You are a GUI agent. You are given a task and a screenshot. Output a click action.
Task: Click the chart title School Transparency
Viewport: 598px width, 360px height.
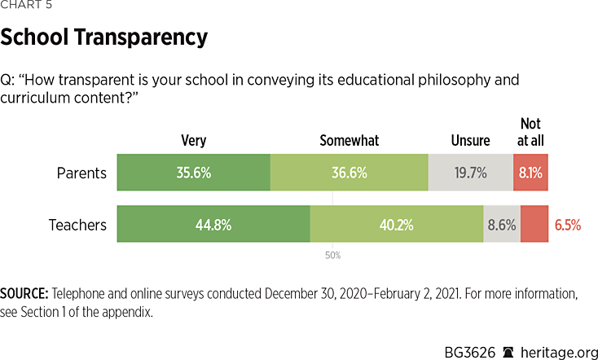(x=103, y=37)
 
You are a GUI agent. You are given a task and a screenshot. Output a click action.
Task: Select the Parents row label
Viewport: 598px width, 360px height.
(x=81, y=173)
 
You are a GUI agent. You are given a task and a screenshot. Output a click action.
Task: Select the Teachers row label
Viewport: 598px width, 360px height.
(x=77, y=224)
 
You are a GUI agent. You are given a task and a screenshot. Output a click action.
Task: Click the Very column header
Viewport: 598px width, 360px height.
(x=193, y=141)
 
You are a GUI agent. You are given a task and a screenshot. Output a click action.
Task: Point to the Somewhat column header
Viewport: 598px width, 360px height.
(x=350, y=141)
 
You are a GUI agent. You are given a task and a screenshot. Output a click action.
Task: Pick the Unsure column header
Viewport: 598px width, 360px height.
(x=470, y=141)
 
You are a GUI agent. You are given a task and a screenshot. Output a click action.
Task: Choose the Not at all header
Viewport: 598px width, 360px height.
(x=531, y=132)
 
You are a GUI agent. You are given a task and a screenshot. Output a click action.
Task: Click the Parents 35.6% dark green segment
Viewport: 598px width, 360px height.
(x=193, y=173)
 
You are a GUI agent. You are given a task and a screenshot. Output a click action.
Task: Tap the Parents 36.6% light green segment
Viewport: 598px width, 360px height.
(x=349, y=173)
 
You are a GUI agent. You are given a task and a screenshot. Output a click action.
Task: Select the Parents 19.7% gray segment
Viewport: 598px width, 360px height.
(x=470, y=173)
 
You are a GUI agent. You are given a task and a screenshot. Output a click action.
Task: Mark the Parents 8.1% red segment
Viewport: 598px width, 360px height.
(x=530, y=173)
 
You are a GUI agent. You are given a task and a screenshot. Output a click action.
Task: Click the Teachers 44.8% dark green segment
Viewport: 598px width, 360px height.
(x=213, y=224)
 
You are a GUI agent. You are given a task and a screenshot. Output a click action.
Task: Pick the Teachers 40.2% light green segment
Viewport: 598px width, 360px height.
(x=397, y=224)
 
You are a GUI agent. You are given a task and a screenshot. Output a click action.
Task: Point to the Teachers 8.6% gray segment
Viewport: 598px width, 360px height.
(x=502, y=224)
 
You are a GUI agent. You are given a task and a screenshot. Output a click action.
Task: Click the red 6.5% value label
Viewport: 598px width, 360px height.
(x=568, y=224)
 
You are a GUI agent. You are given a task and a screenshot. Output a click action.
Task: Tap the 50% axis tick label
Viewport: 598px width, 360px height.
(x=332, y=255)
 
